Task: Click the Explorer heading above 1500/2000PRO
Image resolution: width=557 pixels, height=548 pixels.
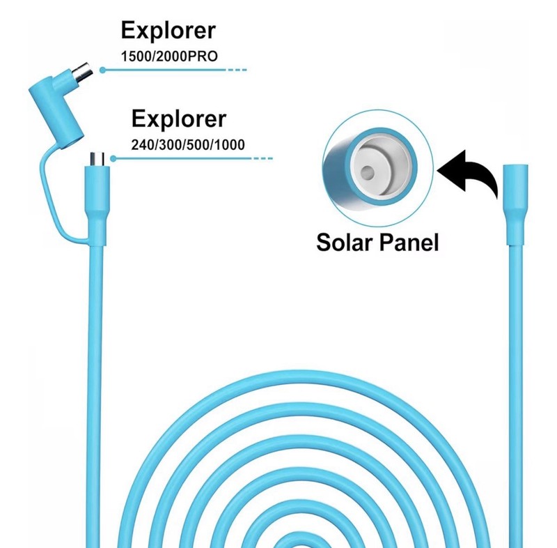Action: coord(168,30)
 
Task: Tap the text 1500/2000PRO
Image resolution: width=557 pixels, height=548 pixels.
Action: coord(169,56)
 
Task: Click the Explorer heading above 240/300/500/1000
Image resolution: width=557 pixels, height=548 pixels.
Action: coord(179,119)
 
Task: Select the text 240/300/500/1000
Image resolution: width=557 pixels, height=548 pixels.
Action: coord(188,145)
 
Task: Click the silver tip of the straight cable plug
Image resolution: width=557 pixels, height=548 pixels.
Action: coord(97,159)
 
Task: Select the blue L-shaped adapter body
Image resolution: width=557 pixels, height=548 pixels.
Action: coord(57,107)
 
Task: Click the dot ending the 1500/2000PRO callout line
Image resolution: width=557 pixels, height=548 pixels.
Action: coord(102,70)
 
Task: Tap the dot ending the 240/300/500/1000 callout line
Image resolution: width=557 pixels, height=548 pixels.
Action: coord(113,158)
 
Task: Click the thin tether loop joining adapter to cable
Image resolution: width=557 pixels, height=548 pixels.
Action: coord(54,199)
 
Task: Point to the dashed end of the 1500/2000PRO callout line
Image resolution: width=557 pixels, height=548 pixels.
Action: coord(237,70)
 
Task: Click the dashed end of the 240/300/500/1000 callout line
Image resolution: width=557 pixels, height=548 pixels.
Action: coord(263,158)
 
